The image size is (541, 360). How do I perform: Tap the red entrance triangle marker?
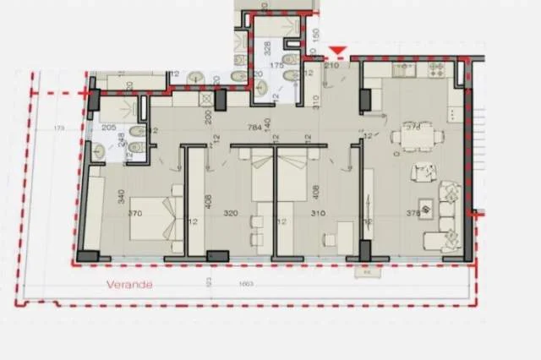coord(338,52)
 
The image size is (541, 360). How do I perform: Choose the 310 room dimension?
coord(319,215)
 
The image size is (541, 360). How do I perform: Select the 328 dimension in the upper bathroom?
coord(266,46)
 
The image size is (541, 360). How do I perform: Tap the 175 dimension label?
coord(275,65)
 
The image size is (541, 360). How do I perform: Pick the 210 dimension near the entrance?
coord(331,65)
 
